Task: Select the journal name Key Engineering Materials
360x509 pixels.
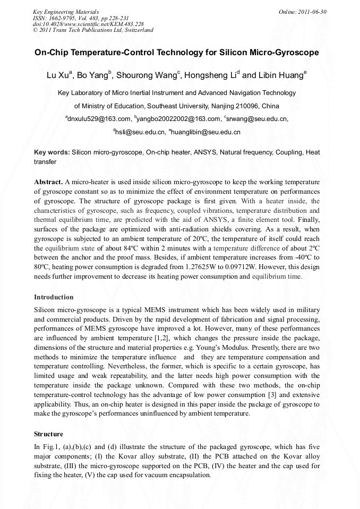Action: (x=66, y=11)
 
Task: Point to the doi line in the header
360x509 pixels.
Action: (x=88, y=24)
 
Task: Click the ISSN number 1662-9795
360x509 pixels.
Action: (x=62, y=18)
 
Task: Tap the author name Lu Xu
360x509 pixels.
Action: (x=58, y=75)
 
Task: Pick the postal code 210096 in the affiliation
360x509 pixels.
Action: (x=251, y=106)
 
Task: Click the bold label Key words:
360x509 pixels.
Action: (x=52, y=152)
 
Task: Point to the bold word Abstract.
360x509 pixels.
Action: (x=49, y=182)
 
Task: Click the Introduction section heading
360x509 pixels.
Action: (x=54, y=297)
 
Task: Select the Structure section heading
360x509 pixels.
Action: (x=48, y=434)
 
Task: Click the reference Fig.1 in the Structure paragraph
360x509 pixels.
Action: (x=50, y=447)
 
